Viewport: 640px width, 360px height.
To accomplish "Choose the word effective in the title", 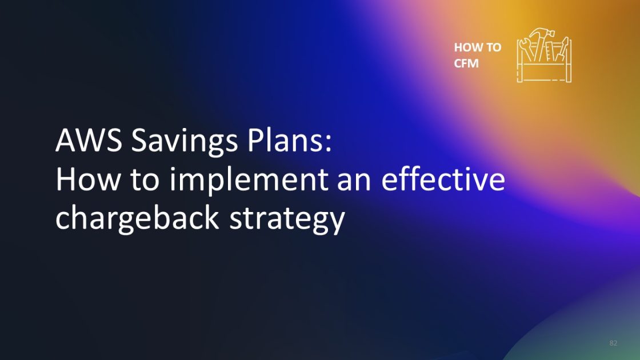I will (443, 180).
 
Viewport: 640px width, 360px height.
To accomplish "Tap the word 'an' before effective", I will (355, 181).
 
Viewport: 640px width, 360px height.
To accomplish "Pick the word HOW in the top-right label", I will (466, 47).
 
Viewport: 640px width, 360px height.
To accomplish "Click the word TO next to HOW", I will (493, 47).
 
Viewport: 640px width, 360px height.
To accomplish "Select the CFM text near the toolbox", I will (466, 63).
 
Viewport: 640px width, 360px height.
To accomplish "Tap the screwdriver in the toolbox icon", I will (563, 48).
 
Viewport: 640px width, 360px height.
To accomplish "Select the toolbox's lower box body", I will (543, 73).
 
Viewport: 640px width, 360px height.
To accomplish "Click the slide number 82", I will (613, 343).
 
